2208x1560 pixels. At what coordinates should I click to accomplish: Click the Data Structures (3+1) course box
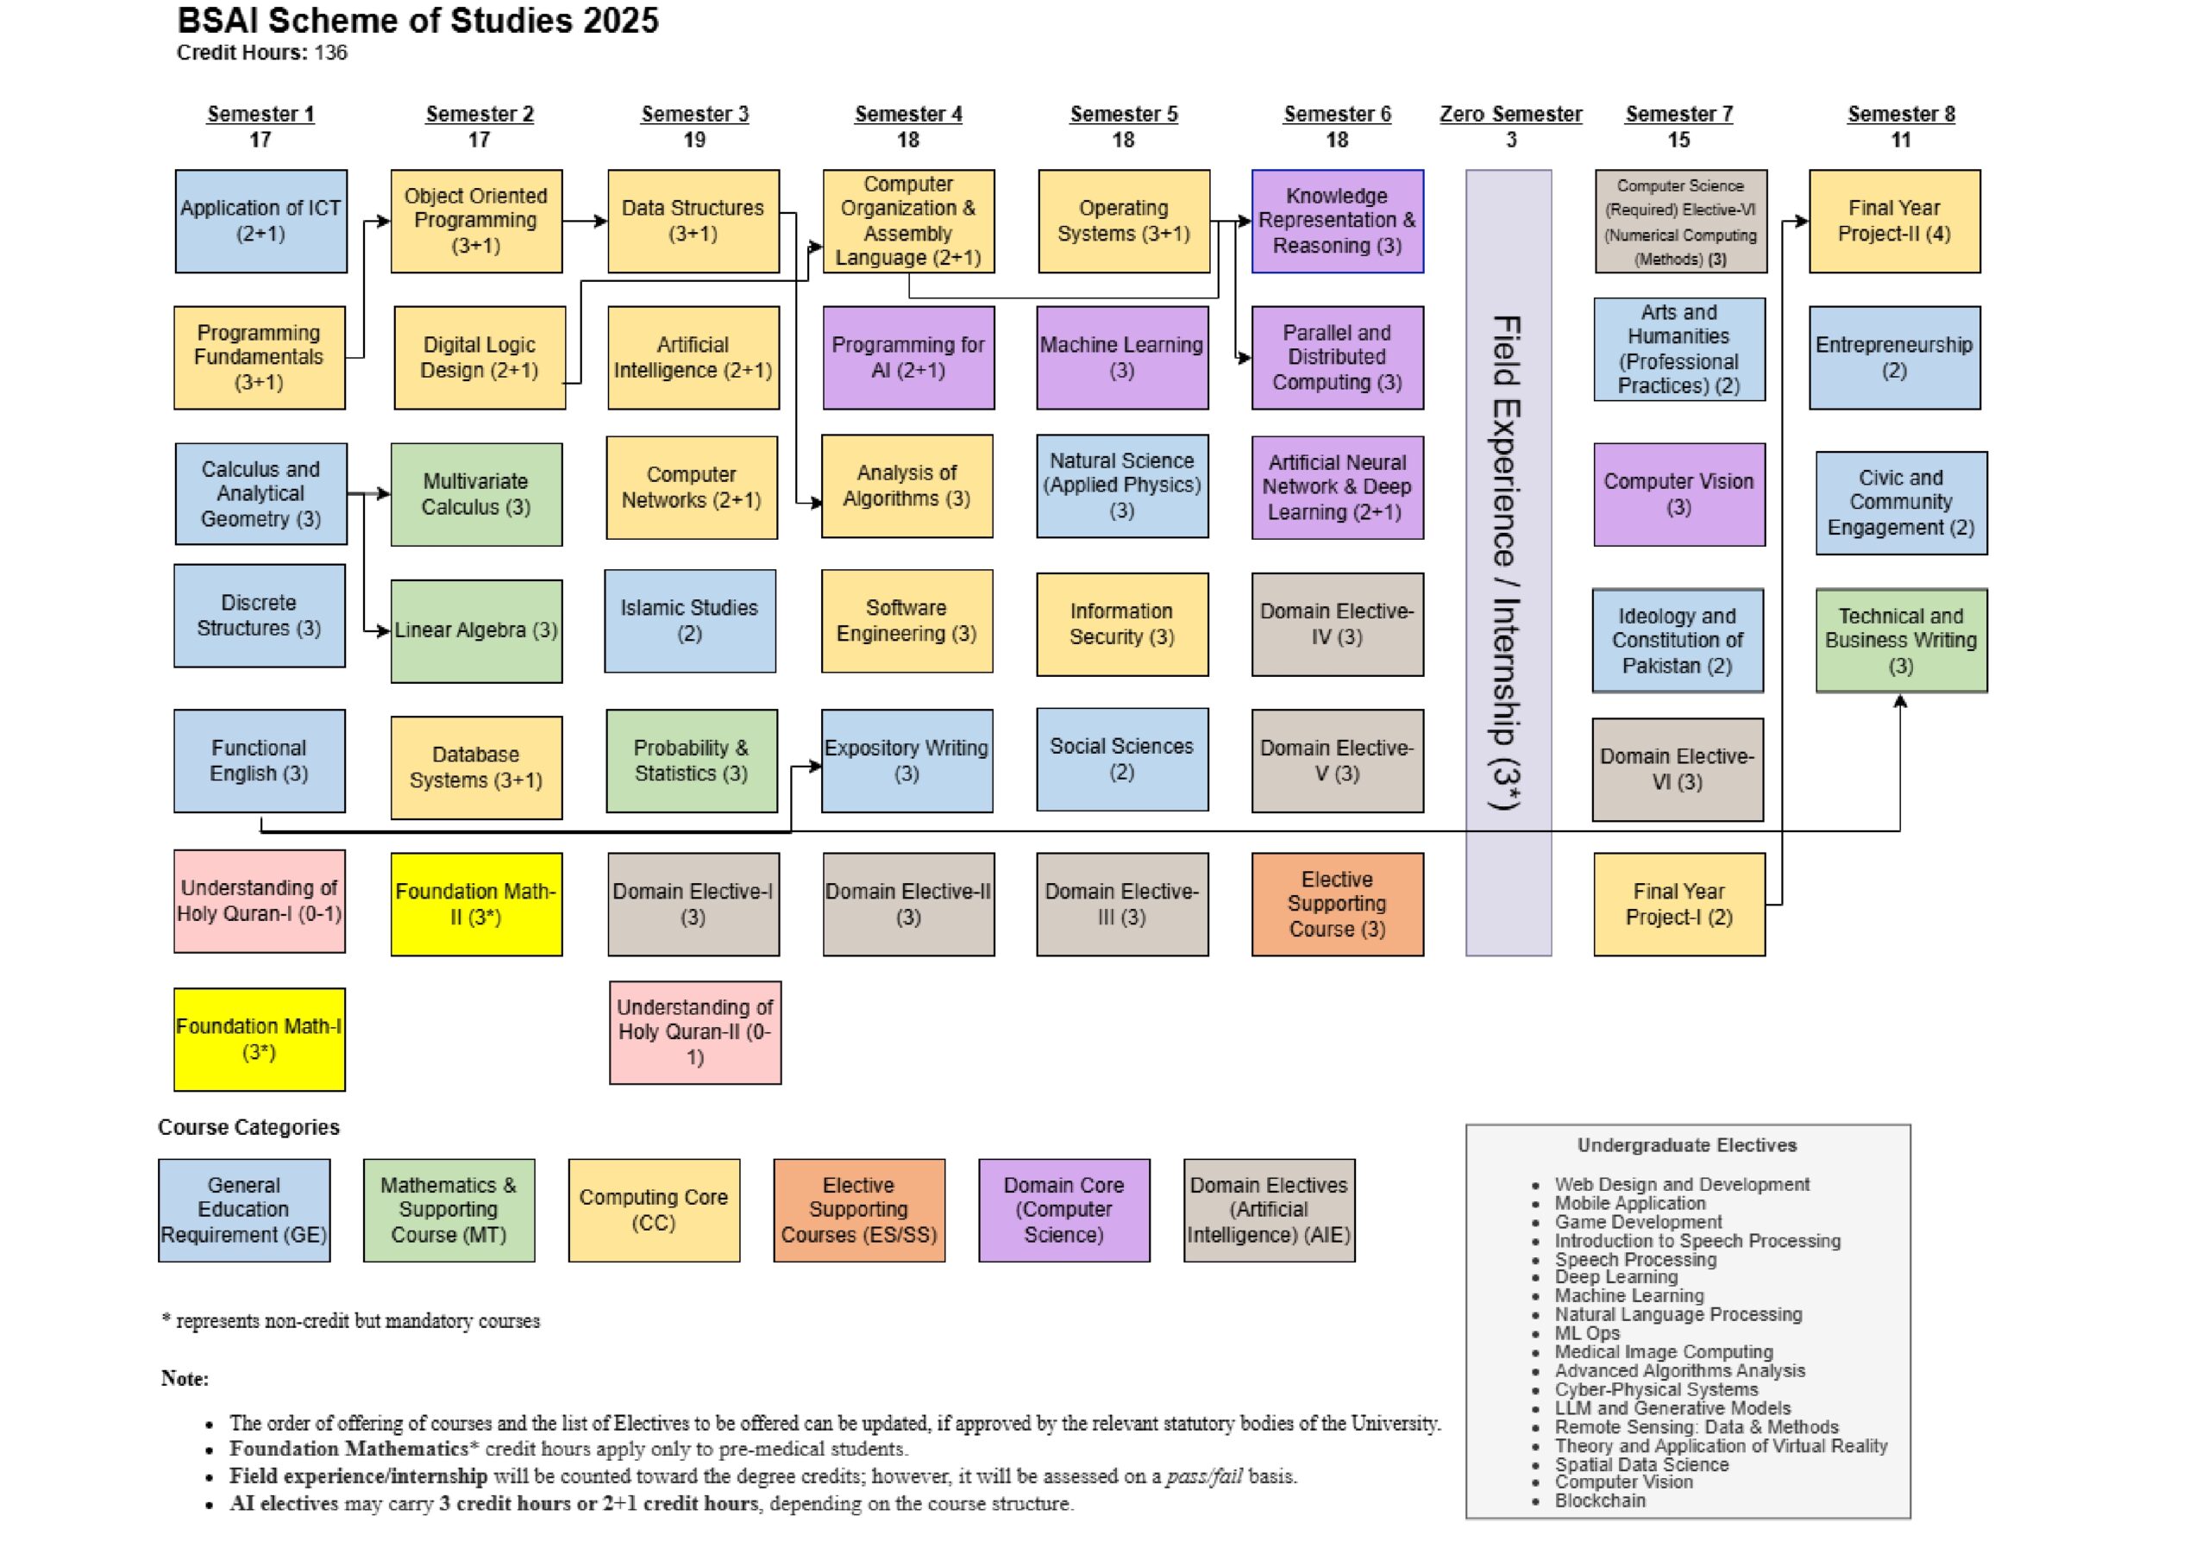693,222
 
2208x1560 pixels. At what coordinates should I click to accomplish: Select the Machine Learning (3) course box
1122,358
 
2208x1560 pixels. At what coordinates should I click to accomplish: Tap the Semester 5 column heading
1123,114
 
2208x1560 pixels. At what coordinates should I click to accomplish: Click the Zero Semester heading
1510,114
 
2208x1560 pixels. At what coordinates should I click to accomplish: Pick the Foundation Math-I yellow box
260,1040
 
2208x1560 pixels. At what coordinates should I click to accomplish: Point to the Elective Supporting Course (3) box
1338,904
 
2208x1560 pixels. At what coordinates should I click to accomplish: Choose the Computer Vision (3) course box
1679,494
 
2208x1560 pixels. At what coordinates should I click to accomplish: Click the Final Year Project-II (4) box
1895,222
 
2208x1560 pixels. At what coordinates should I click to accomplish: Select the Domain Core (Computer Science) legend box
1063,1210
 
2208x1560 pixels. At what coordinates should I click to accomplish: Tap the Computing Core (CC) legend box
654,1210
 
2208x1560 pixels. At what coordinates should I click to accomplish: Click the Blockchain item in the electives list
1599,1500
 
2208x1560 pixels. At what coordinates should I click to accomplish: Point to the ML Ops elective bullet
1587,1333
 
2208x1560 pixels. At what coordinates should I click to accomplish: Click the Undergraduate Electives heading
1687,1145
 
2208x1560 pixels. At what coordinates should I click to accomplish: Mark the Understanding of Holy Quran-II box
695,1033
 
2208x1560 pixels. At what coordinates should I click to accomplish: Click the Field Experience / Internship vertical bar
1508,562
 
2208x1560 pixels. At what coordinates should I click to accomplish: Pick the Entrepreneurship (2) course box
1895,358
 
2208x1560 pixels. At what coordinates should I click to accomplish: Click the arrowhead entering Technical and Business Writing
1900,701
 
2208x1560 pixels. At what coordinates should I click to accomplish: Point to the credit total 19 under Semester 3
694,141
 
